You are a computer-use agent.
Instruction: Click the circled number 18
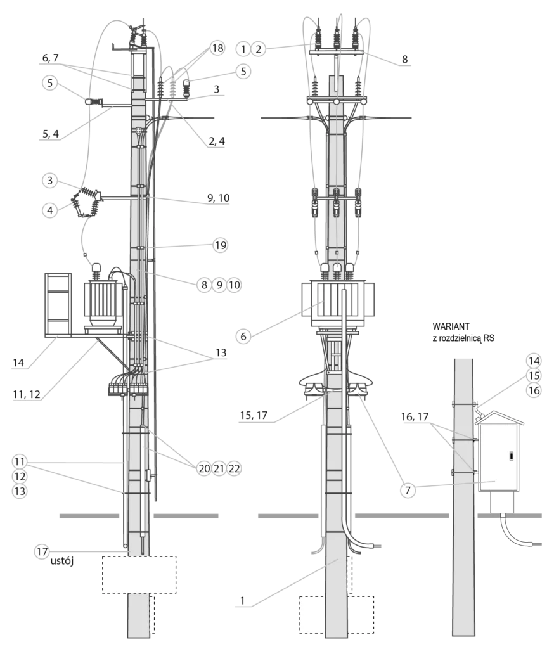coord(217,48)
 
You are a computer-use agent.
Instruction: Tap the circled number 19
coord(221,245)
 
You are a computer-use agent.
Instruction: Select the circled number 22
coord(234,468)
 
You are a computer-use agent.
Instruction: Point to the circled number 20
coord(204,468)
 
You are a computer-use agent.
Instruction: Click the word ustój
coord(61,562)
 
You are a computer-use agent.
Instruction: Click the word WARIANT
coord(451,326)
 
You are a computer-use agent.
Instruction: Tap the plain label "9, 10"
coord(218,198)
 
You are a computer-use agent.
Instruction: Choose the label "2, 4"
coord(217,141)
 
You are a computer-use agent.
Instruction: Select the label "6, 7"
coord(51,58)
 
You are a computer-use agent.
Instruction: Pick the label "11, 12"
coord(27,394)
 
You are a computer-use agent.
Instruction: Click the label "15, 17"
coord(254,415)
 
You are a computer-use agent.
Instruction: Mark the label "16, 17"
coord(415,416)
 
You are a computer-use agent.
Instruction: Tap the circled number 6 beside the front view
coord(243,336)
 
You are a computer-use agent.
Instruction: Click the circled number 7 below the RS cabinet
coord(408,491)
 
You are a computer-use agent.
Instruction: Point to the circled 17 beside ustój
coord(42,551)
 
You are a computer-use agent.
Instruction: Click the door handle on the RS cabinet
coord(512,456)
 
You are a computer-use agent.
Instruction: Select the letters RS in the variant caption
coord(489,338)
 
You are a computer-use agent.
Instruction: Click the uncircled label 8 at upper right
coord(404,59)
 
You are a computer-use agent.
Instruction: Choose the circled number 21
coord(219,468)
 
